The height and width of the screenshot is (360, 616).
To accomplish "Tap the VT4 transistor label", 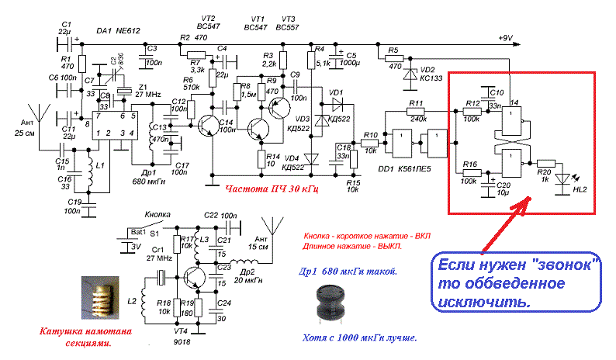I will coord(180,333).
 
